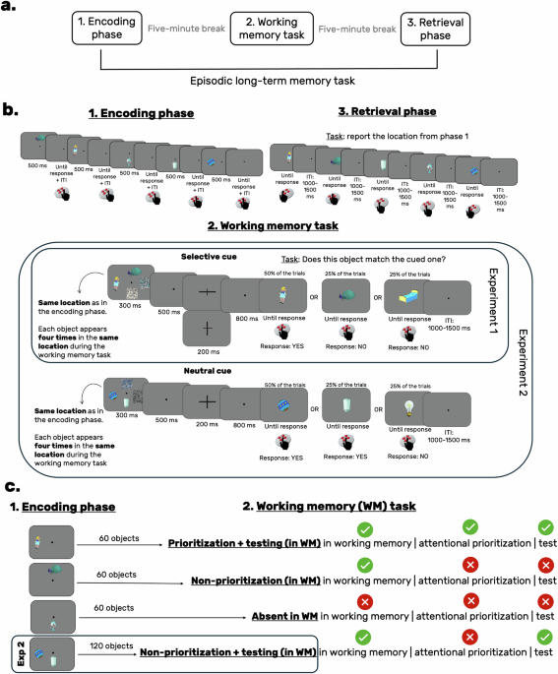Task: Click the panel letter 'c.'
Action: [10, 486]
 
